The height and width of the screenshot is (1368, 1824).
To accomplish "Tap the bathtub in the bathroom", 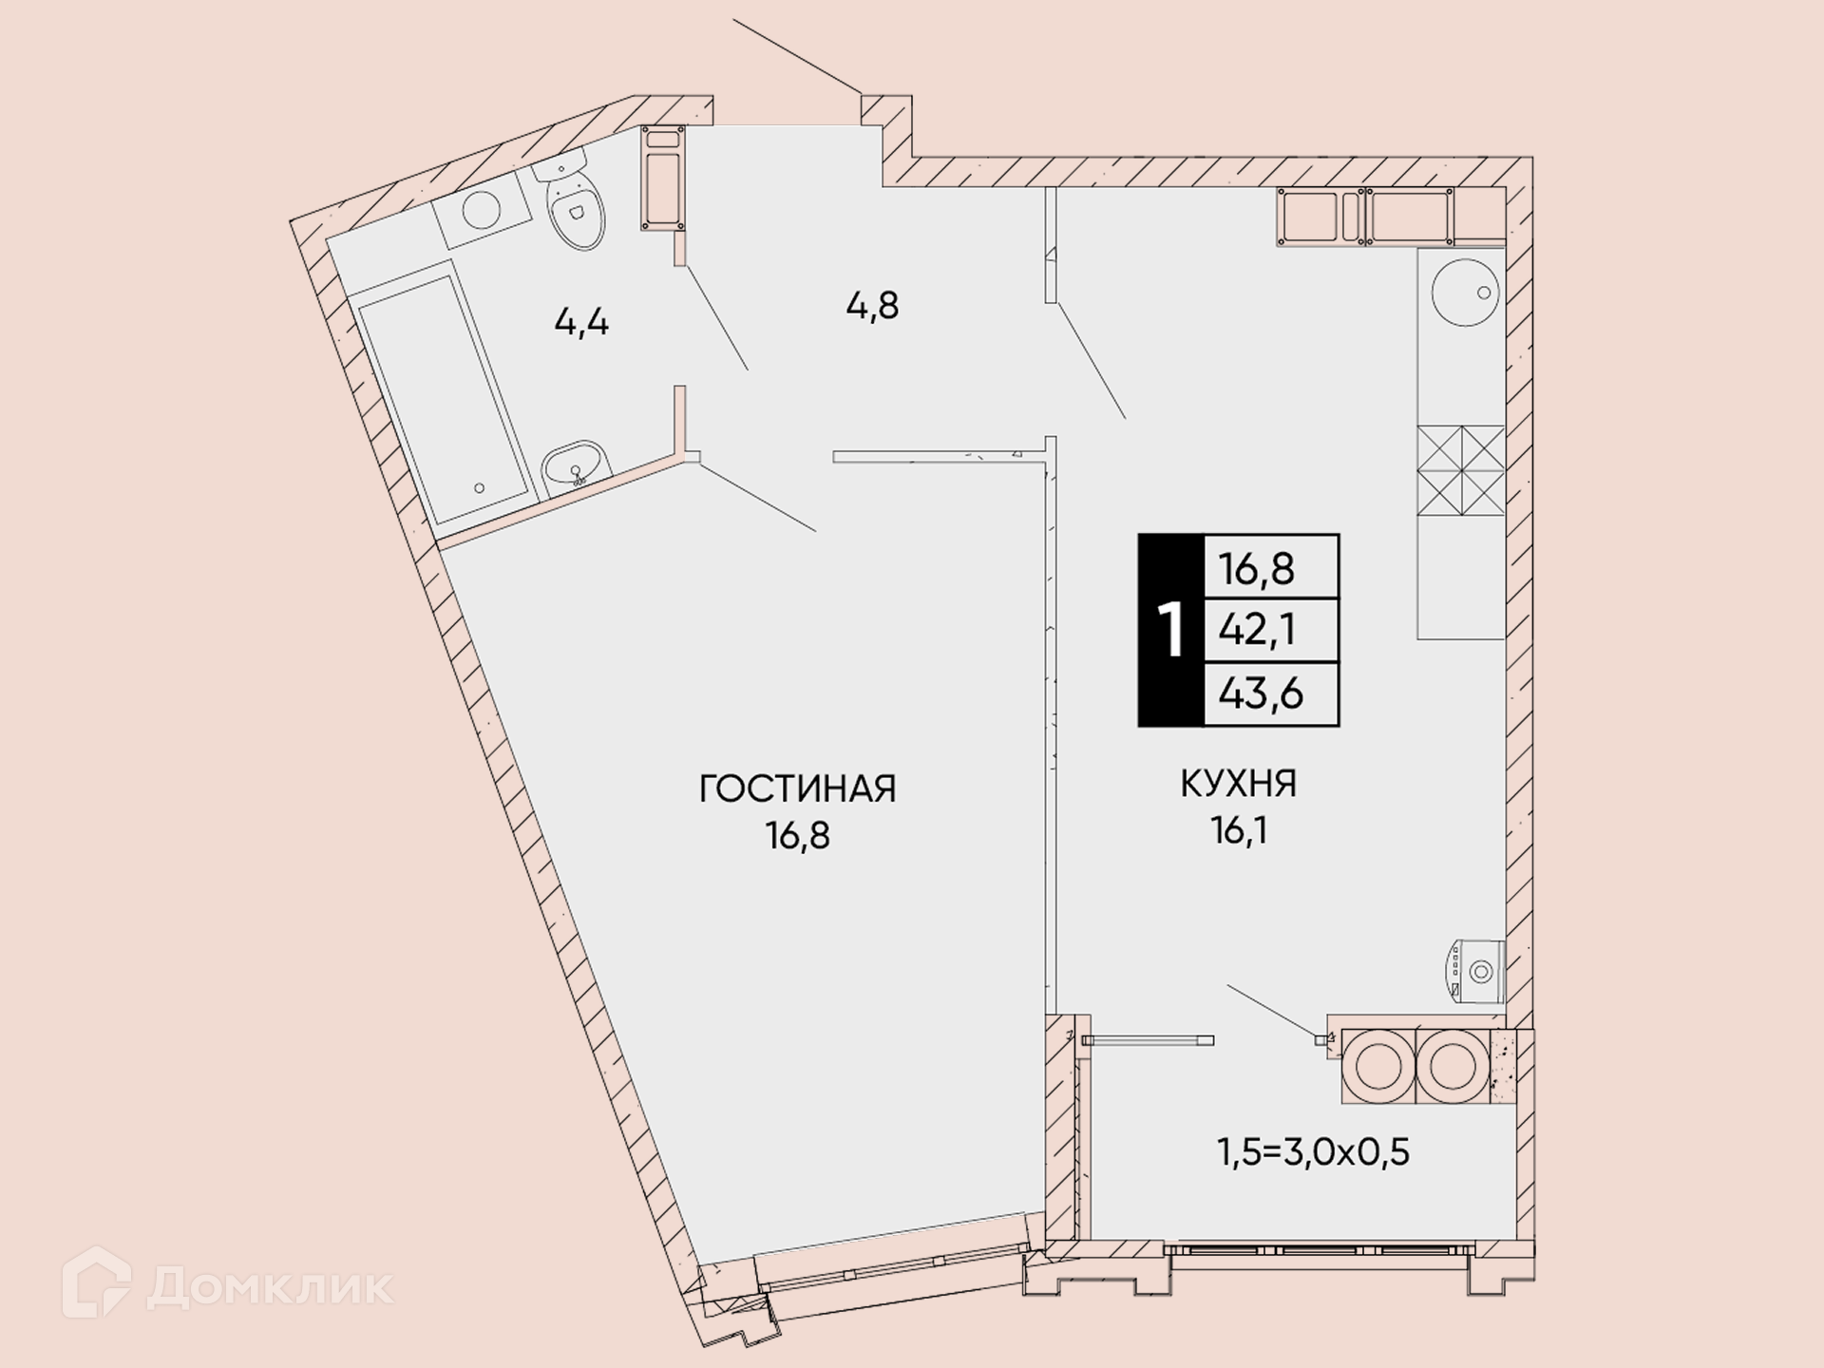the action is tap(444, 400).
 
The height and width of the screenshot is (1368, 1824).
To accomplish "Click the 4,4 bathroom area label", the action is tap(581, 323).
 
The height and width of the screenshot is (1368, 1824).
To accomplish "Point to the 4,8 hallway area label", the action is tap(872, 306).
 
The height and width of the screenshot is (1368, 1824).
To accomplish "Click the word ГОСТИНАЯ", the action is tap(798, 788).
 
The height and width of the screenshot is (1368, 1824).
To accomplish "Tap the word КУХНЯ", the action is tap(1239, 784).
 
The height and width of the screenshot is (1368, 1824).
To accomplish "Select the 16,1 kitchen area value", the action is tap(1239, 831).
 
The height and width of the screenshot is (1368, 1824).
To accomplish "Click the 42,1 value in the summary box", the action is tap(1257, 629).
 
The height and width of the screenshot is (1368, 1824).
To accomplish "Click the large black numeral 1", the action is tap(1172, 629).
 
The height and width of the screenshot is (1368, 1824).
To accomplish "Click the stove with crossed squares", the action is tap(1461, 470).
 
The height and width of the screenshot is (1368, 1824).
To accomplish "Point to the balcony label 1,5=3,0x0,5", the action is tap(1313, 1151).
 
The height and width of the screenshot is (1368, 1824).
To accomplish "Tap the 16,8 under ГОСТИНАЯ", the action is tap(798, 836).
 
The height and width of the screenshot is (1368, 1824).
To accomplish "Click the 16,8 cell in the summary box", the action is tap(1257, 568).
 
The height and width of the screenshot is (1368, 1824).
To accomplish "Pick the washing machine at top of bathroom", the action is tap(482, 211).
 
